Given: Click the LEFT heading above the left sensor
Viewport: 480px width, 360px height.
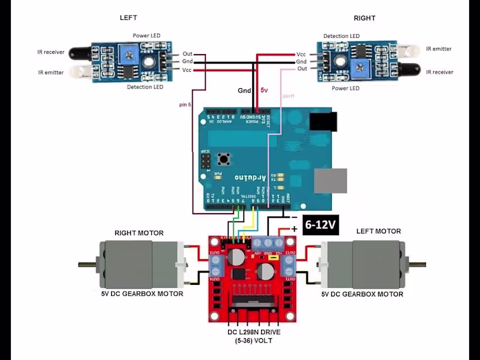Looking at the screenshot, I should [x=128, y=18].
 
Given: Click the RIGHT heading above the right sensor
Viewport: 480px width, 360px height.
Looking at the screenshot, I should [x=364, y=18].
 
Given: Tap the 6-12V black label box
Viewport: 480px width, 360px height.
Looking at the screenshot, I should [x=321, y=226].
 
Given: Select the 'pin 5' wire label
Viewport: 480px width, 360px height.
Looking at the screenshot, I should [x=185, y=104].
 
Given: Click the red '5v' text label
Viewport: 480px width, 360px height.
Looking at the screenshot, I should [x=264, y=90].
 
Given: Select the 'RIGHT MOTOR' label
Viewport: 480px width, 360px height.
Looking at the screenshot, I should [x=139, y=233].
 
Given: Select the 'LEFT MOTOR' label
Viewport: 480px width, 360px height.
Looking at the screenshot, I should [x=379, y=231].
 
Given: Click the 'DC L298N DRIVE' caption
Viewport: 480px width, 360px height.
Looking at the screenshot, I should [x=254, y=332].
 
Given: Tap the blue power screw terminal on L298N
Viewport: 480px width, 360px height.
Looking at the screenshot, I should [x=268, y=243].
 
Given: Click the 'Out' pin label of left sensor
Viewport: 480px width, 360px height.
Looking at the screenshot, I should [x=188, y=53].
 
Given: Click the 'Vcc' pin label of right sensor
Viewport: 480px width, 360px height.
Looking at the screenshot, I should [x=301, y=54].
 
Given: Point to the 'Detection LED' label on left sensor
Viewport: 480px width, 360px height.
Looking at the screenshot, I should [x=145, y=87].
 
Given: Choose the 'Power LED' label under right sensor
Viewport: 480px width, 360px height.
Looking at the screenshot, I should [x=346, y=88].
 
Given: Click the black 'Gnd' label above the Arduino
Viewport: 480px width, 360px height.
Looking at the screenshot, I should [x=244, y=91].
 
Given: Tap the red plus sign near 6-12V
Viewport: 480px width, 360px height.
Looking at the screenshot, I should [x=294, y=229].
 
